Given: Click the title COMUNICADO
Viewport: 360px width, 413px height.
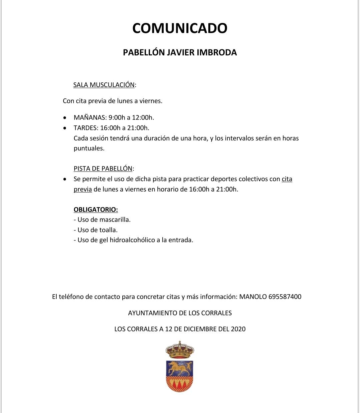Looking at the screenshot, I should tap(180, 28).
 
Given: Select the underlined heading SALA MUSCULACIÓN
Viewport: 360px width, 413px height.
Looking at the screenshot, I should tap(104, 85).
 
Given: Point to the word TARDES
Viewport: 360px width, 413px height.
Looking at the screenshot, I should tap(86, 128).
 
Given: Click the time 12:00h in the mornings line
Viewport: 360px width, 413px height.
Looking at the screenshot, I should tap(143, 117).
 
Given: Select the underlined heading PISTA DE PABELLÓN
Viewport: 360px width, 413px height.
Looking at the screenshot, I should tap(103, 168).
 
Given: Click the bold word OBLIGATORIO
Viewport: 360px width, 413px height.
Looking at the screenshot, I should tap(95, 210).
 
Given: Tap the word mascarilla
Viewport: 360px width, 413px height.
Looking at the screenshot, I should tap(113, 220).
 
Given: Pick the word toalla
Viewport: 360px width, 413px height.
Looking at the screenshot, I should tap(108, 230).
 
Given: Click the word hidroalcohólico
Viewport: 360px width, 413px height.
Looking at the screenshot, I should tap(132, 240).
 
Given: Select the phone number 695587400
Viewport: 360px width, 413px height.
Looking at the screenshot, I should tap(285, 297).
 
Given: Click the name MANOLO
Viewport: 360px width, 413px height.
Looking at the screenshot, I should tap(253, 297).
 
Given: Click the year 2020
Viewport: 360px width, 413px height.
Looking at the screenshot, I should tap(238, 329).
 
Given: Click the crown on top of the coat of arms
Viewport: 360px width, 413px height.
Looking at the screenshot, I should tap(180, 350).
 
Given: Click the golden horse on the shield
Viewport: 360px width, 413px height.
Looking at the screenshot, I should tap(180, 368).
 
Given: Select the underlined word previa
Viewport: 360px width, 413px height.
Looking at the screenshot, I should tap(83, 189).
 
